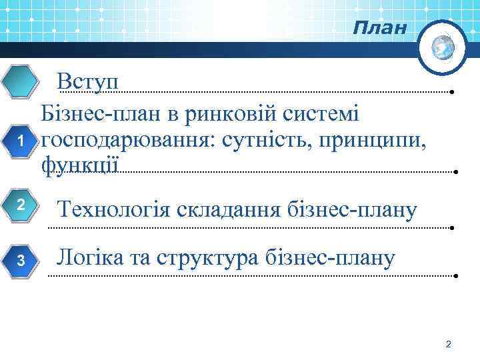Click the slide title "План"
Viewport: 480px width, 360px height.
tap(379, 29)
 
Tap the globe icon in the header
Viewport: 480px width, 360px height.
tap(443, 46)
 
